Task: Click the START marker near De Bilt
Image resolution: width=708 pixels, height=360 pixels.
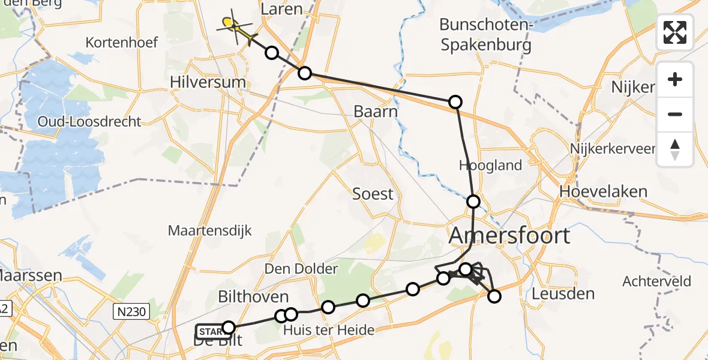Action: pos(209,331)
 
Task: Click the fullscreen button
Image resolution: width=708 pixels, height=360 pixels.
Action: pos(675,32)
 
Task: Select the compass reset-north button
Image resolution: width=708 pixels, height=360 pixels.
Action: pos(675,149)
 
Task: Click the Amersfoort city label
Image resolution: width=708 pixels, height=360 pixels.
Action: pos(509,235)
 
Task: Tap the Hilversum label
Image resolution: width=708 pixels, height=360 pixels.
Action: pos(208,82)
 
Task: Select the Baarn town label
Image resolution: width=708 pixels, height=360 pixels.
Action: pos(376,112)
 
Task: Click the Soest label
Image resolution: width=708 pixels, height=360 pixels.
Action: pos(373,194)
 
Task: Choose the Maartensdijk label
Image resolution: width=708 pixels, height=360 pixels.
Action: pos(210,230)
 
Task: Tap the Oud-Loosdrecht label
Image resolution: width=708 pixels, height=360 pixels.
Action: pos(89,121)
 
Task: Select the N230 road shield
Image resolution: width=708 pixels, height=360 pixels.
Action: pos(130,310)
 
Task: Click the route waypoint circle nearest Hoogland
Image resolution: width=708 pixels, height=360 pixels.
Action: pos(473,202)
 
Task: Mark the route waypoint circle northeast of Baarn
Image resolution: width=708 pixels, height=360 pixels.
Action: pos(455,102)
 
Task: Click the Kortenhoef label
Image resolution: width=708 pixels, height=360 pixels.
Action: pos(122,43)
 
